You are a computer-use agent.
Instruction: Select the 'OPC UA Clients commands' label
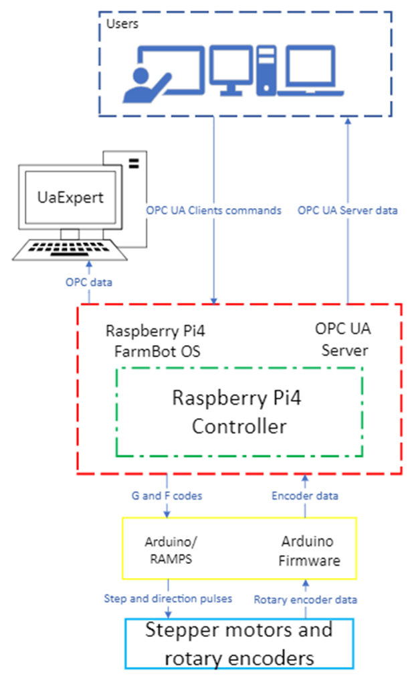click(213, 210)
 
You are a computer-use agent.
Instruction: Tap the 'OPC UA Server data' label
click(347, 210)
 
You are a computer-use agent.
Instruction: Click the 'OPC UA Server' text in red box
click(342, 340)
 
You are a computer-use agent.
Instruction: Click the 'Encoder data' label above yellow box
click(305, 496)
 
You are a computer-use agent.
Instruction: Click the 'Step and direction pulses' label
click(168, 598)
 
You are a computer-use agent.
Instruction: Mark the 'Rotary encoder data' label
click(306, 599)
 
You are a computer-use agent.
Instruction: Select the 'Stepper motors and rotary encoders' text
click(239, 643)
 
